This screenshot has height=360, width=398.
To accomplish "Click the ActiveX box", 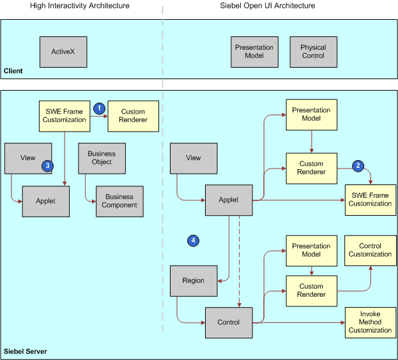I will pos(63,52).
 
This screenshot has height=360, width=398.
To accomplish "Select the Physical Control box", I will pos(313,52).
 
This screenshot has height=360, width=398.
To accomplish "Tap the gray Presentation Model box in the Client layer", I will pos(254,52).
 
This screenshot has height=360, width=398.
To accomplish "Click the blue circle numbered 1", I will pos(99,109).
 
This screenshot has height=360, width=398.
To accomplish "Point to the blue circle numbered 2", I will pos(358,166).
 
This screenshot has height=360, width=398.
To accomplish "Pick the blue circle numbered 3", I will pos(47,166).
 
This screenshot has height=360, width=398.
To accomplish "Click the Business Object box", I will pos(102,158).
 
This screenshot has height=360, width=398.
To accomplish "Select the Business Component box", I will pos(120,201).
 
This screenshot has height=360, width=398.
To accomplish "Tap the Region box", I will pos(194,281).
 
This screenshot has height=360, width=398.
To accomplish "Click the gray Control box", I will pos(229,322).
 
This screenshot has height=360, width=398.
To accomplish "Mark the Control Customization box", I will pos(370,250).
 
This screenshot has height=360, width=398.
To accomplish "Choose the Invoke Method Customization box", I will pos(370,322).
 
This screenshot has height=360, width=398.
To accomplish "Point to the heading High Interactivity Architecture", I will pos(80,6).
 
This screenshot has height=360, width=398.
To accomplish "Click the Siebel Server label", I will pos(25,352).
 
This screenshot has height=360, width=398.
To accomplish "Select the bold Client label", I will pos(13,71).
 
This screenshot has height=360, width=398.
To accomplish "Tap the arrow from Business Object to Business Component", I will pos(87,185).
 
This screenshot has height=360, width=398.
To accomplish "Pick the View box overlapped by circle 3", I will pos(26,158).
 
